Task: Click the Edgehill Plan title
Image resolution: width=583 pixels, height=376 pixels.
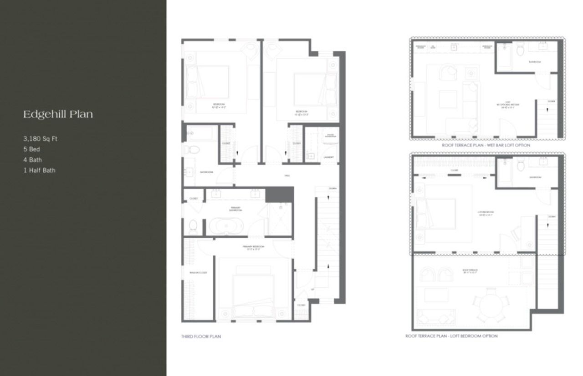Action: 58,114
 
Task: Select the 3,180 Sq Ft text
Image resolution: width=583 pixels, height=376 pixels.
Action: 41,139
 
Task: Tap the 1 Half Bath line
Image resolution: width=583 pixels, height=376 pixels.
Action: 39,170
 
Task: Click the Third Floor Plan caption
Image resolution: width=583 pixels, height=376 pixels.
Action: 201,337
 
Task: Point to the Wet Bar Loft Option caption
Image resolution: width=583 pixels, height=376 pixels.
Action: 486,145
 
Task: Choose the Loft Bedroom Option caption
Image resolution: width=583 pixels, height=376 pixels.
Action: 451,336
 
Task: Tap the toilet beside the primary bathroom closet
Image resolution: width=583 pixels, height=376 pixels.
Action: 193,224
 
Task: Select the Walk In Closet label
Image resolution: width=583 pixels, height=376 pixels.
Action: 198,273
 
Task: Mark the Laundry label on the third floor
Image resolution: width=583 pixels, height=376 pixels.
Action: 329,157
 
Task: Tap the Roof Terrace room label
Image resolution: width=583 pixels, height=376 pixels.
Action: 470,271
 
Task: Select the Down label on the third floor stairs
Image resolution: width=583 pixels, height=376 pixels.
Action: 332,188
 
